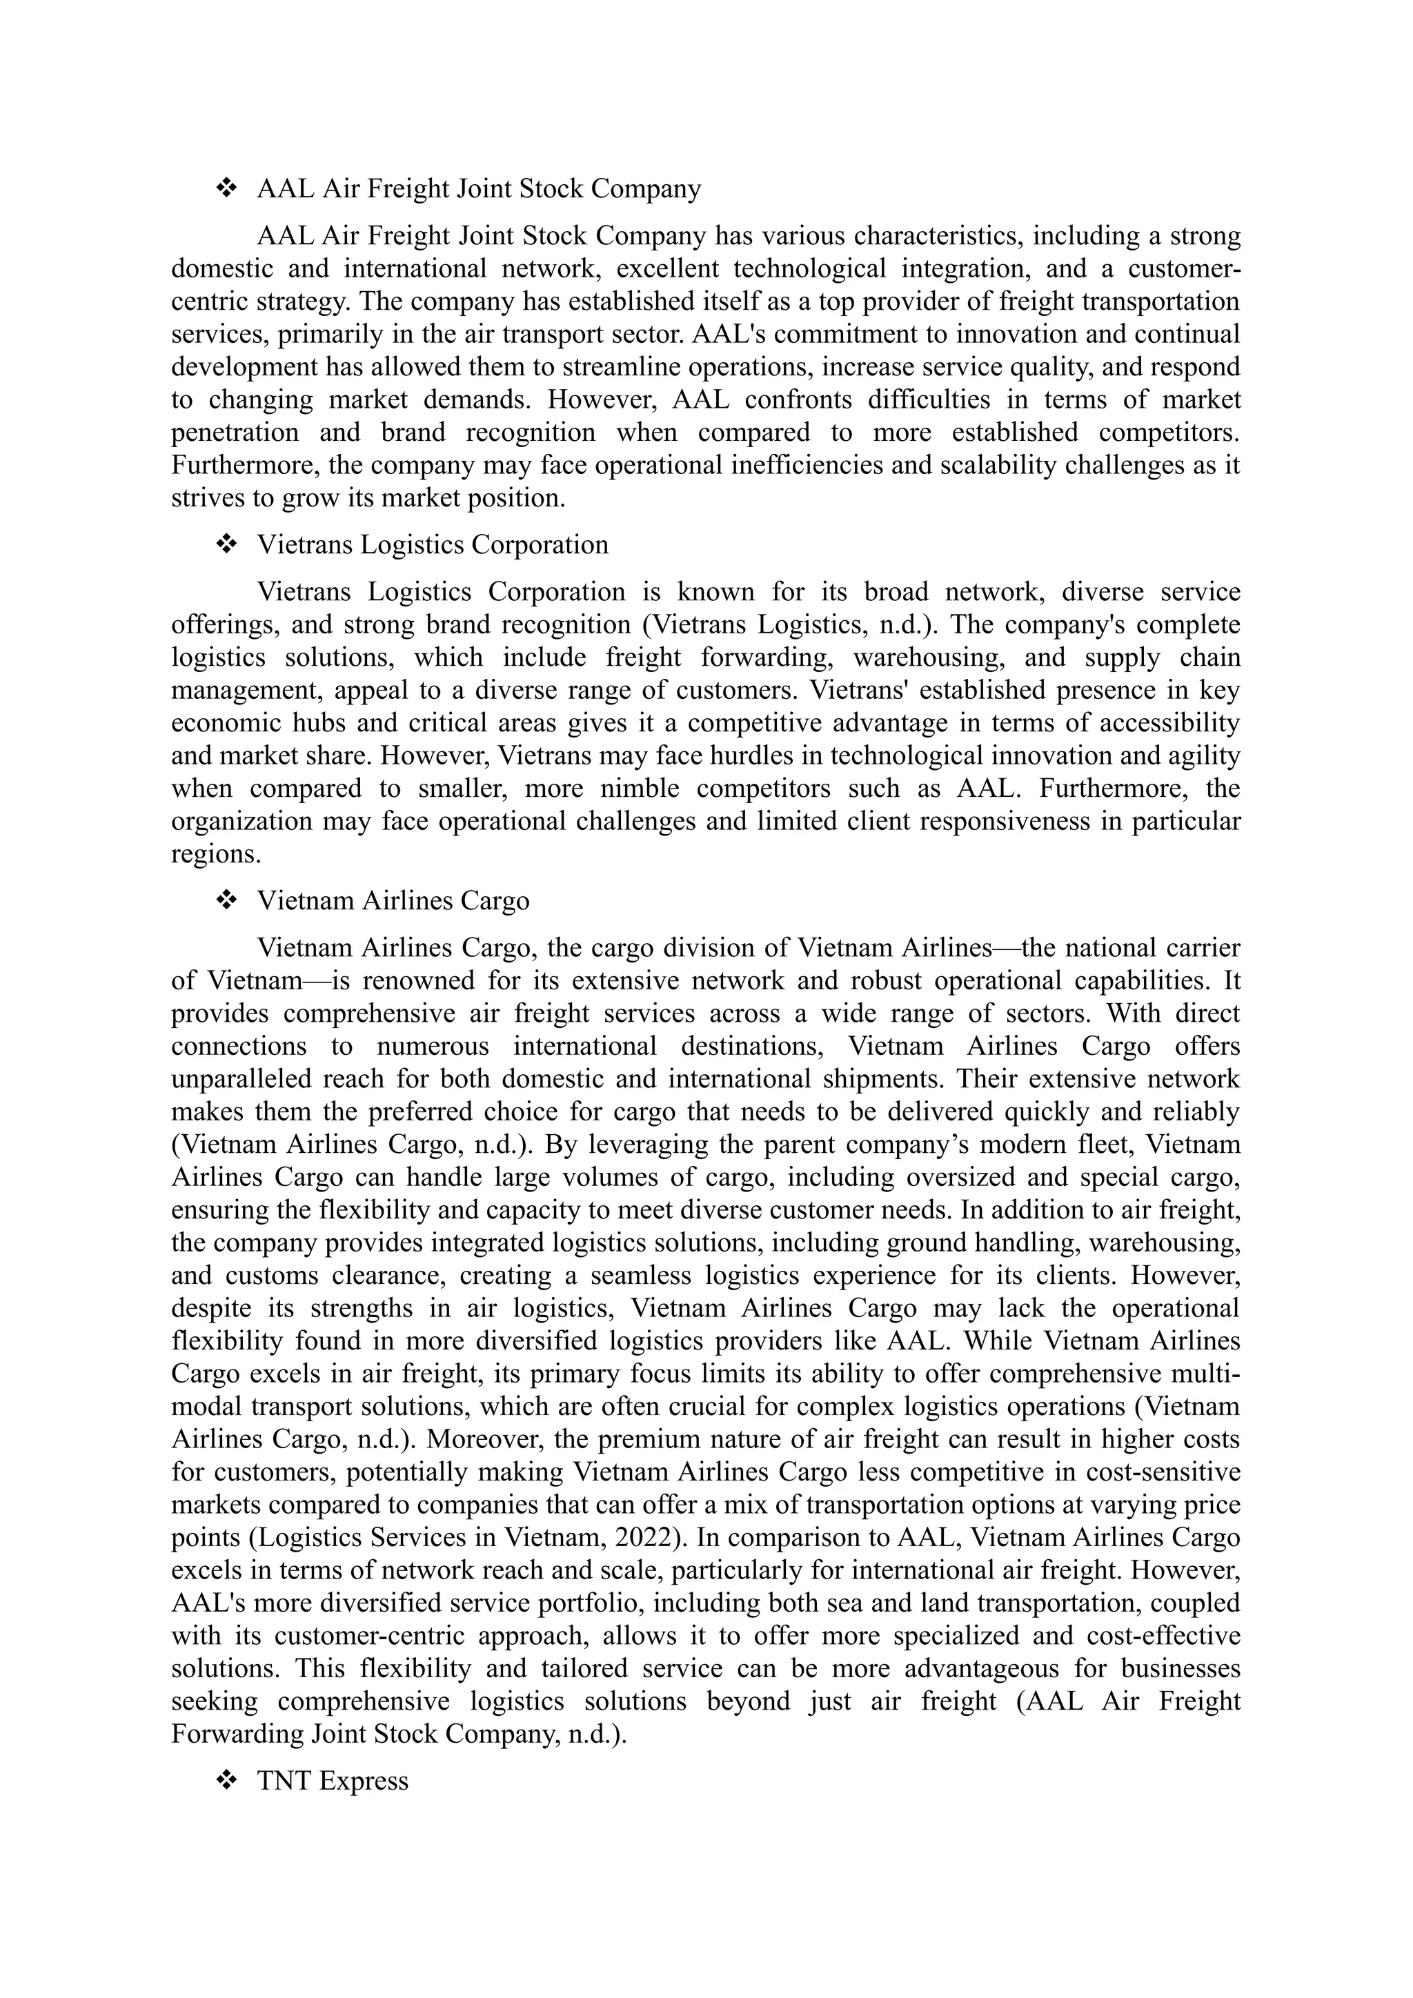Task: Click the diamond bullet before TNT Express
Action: [x=226, y=1781]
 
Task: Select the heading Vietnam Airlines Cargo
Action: [x=393, y=900]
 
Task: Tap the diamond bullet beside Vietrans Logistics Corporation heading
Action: [x=226, y=545]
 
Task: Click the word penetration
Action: [x=234, y=433]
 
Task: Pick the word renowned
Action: [x=417, y=981]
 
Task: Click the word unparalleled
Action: [x=243, y=1079]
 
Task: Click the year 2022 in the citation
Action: [x=646, y=1538]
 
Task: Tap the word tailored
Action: [x=583, y=1669]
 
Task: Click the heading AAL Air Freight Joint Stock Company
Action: [x=479, y=189]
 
